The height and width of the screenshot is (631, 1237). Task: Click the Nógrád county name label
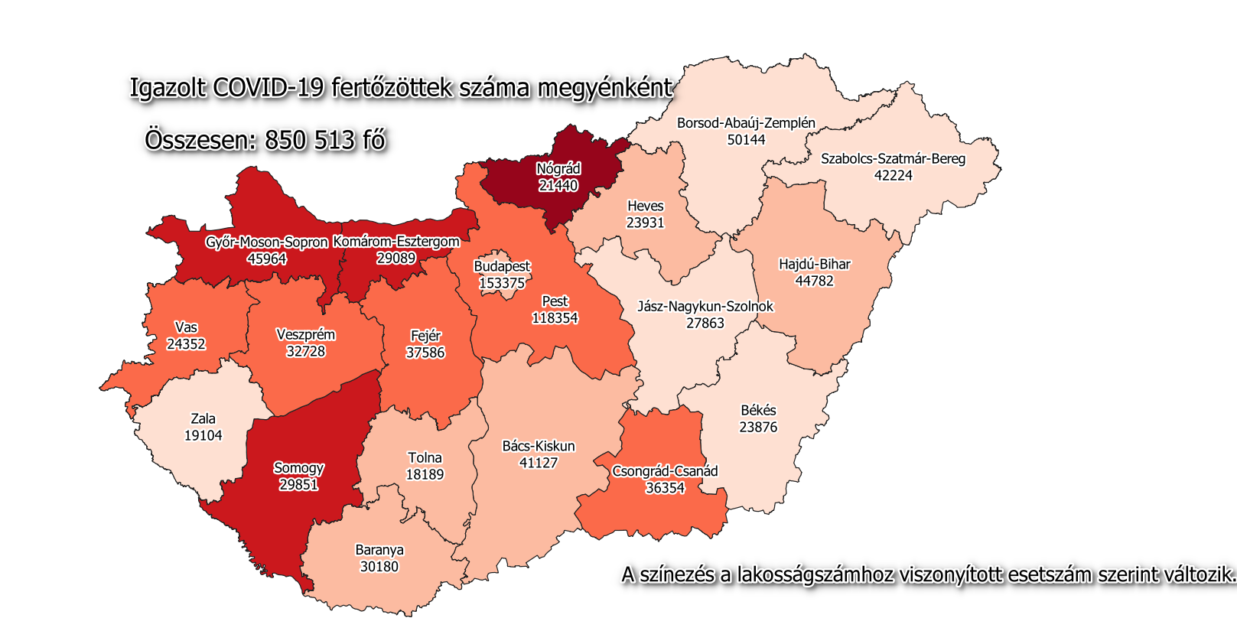(x=558, y=169)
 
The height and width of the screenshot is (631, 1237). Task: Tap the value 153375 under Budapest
(x=502, y=283)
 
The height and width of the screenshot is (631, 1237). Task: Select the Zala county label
(x=203, y=419)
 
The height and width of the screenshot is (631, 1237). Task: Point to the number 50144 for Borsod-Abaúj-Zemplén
(x=746, y=140)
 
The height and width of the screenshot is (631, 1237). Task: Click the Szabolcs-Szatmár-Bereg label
(x=893, y=159)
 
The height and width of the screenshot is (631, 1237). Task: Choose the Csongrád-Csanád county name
(x=665, y=471)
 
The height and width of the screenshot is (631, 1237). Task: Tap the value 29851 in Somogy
(x=298, y=485)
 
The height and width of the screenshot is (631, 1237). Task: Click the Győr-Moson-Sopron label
(x=266, y=242)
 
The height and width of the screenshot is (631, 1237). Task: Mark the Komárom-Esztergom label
(x=396, y=242)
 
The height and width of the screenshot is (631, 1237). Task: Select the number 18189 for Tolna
(x=425, y=474)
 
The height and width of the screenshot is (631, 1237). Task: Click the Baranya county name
(x=379, y=550)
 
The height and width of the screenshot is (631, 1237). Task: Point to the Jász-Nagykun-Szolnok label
(x=705, y=307)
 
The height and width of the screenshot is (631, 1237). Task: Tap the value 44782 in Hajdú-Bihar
(x=814, y=281)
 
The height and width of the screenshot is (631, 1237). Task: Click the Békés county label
(x=758, y=411)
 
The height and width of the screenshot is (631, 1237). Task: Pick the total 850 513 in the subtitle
(x=311, y=141)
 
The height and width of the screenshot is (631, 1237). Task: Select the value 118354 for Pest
(x=555, y=318)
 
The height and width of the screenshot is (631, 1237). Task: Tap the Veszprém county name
(x=305, y=335)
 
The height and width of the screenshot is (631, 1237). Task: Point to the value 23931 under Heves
(x=645, y=223)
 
